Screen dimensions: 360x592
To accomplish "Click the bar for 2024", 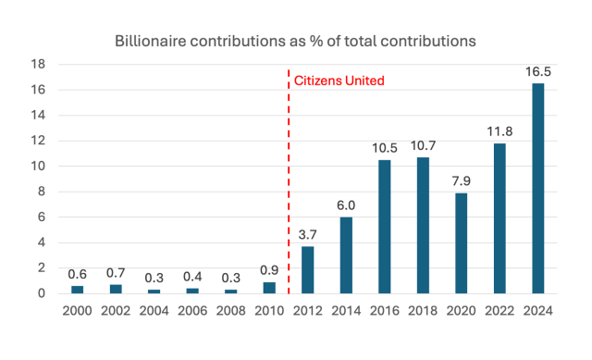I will pos(537,189).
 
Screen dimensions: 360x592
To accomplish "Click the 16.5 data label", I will pos(537,70).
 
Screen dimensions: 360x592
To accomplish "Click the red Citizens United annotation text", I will pos(339,81).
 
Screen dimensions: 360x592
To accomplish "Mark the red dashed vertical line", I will pos(289,185).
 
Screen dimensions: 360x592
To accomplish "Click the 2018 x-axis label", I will pos(423,311).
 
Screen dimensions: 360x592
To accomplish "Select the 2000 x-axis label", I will pos(78,311).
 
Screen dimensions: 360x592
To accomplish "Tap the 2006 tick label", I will pos(192,311).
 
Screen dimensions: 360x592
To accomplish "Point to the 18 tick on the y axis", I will pos(40,64).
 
